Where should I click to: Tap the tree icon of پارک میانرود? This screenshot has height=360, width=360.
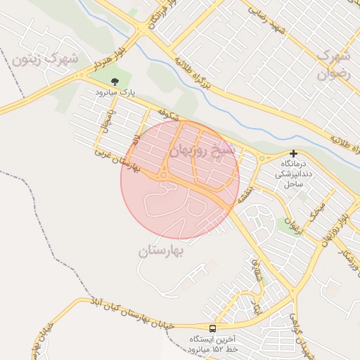click(x=115, y=81)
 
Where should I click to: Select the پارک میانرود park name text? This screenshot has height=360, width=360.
click(x=115, y=92)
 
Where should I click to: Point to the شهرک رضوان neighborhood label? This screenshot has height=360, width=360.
click(x=333, y=63)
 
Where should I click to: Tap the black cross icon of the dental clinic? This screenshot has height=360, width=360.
click(x=293, y=153)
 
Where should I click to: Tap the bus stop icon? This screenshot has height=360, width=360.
click(x=212, y=328)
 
